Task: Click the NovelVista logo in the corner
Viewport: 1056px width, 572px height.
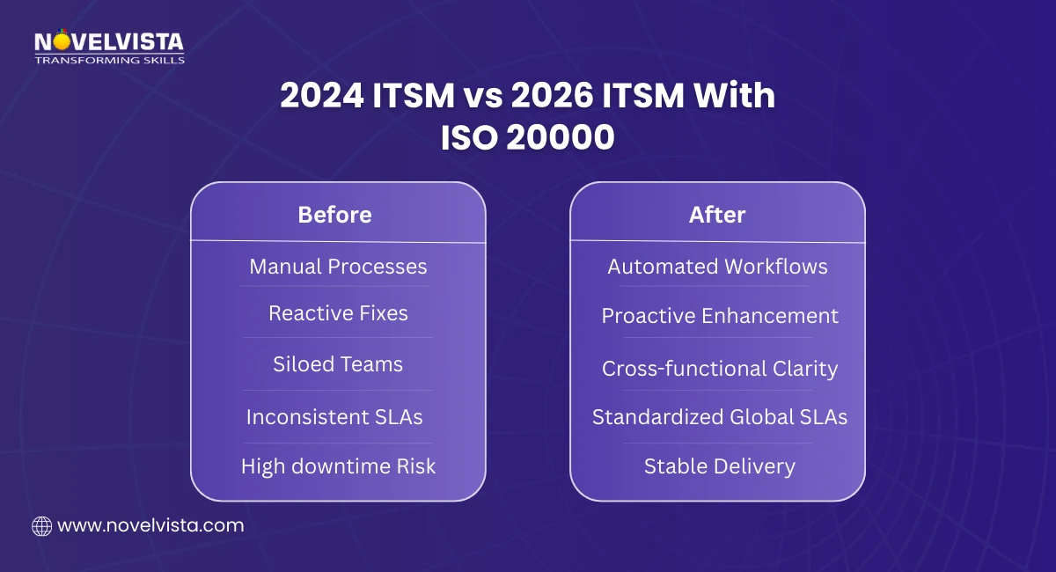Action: (x=108, y=41)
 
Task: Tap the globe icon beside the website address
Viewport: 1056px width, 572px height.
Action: (x=41, y=526)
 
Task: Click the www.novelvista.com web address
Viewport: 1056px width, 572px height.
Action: (x=150, y=526)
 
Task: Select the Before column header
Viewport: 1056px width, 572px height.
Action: (x=334, y=215)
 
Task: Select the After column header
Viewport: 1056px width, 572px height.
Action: (x=717, y=215)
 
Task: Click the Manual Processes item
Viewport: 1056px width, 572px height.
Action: (x=338, y=267)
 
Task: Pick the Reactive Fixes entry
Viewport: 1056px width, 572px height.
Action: (x=338, y=313)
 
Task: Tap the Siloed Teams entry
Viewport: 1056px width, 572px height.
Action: (x=338, y=364)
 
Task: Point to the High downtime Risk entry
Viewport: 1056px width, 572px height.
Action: (x=338, y=466)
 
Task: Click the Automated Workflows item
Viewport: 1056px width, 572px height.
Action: (x=717, y=267)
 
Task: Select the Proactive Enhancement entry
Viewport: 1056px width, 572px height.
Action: (x=720, y=316)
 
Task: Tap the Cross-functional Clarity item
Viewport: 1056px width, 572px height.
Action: (x=719, y=369)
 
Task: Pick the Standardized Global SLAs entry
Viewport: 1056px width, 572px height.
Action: (x=719, y=416)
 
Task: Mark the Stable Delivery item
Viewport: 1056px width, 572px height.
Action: (x=719, y=466)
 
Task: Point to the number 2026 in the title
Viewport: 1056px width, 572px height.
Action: (x=535, y=97)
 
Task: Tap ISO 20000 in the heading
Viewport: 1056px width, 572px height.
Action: (x=527, y=138)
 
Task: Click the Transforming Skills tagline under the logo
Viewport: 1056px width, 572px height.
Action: (x=108, y=60)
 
